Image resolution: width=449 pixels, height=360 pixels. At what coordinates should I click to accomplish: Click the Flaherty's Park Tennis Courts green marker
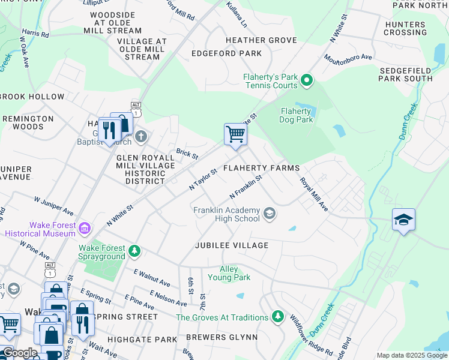pyautogui.click(x=307, y=79)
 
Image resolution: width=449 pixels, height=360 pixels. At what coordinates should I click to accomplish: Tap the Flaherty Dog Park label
pyautogui.click(x=296, y=115)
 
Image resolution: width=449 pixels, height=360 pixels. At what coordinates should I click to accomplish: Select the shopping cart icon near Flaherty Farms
pyautogui.click(x=235, y=134)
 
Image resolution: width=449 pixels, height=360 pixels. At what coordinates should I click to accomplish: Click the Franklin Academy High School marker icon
pyautogui.click(x=270, y=213)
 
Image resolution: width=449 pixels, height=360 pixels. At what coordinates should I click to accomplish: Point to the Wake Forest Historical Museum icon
pyautogui.click(x=85, y=229)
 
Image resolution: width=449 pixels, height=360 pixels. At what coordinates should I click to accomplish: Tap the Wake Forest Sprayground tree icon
pyautogui.click(x=135, y=250)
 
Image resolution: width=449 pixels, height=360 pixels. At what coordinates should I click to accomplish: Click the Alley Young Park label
pyautogui.click(x=229, y=273)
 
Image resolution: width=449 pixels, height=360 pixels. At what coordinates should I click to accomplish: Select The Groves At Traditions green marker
pyautogui.click(x=277, y=316)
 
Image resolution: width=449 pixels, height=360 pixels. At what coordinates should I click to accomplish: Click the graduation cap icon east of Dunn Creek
pyautogui.click(x=403, y=220)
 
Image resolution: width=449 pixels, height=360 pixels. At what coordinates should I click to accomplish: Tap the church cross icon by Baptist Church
pyautogui.click(x=141, y=136)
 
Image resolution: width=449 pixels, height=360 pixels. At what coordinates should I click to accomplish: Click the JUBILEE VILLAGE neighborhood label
pyautogui.click(x=231, y=245)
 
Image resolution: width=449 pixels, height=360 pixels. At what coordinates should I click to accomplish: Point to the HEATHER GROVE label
pyautogui.click(x=261, y=40)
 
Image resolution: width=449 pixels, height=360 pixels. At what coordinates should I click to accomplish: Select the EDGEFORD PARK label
pyautogui.click(x=226, y=53)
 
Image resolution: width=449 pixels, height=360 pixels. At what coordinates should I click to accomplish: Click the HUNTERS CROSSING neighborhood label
pyautogui.click(x=405, y=28)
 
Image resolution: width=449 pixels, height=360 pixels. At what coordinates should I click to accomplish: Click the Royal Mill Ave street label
pyautogui.click(x=314, y=193)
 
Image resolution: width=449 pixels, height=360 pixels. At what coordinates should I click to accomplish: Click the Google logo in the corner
pyautogui.click(x=19, y=353)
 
